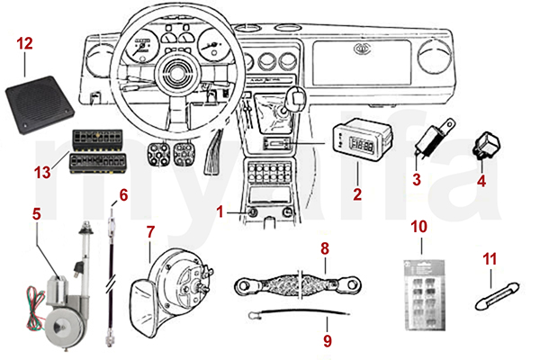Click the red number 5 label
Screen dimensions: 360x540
[36, 214]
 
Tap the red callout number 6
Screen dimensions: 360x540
[123, 194]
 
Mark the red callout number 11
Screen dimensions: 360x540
[491, 260]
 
